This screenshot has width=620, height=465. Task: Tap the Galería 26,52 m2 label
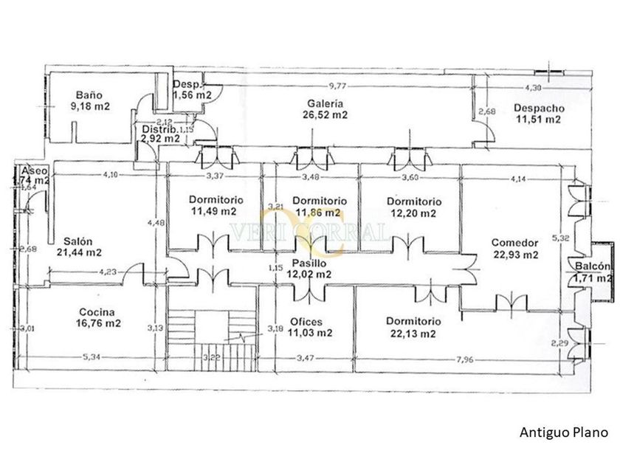point(325,108)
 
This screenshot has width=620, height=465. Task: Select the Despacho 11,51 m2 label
point(537,113)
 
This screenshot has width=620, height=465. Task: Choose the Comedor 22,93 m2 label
point(515,249)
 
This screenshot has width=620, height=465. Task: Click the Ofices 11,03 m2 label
point(310,327)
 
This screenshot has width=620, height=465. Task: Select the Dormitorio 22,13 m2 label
point(413,327)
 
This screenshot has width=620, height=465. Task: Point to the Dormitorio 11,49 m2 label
point(213,206)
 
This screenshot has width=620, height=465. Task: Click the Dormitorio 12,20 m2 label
point(413,207)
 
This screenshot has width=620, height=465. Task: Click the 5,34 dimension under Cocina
point(91,358)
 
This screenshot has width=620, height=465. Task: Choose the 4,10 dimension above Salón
point(111,175)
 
